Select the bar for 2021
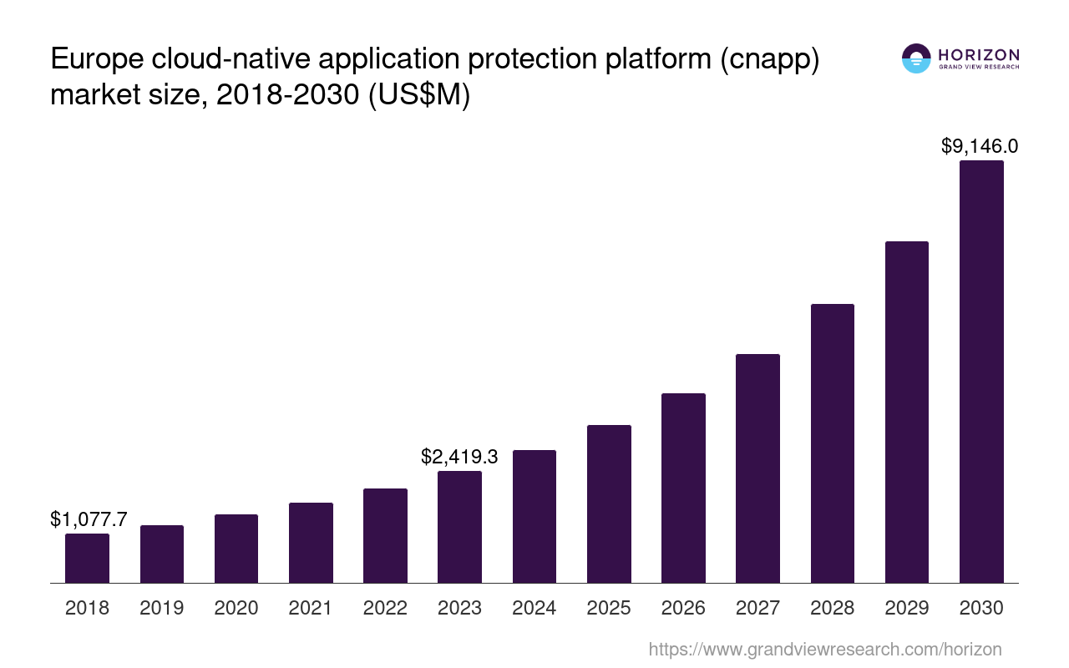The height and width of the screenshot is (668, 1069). click(311, 543)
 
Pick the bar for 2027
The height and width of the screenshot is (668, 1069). click(757, 468)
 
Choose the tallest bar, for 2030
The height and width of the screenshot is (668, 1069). click(981, 372)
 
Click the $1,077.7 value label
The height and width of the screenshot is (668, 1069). click(89, 519)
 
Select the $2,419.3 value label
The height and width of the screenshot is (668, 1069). click(459, 457)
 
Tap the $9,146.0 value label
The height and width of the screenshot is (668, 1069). click(980, 146)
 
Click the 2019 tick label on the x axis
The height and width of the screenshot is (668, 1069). click(162, 608)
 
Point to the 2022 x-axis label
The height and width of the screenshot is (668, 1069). click(385, 608)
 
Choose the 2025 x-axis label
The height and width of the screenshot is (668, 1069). click(609, 608)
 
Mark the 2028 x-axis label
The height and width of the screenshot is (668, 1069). click(832, 608)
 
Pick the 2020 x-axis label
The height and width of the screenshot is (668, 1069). click(236, 608)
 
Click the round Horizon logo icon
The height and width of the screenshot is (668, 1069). click(916, 58)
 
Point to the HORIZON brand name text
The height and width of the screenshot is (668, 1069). click(979, 54)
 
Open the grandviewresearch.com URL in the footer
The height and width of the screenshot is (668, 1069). click(825, 649)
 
